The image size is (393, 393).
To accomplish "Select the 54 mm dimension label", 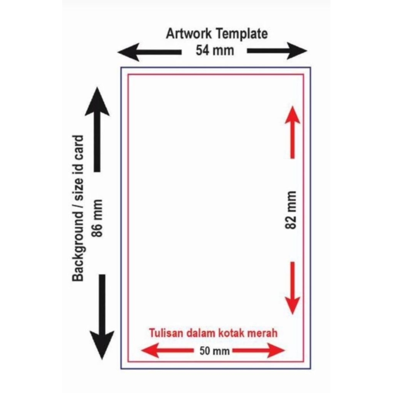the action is [x=215, y=50].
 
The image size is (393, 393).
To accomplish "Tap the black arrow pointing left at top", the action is [x=149, y=52].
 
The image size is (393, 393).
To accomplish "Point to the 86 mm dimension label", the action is [x=98, y=218].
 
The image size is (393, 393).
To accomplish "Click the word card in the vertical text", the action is [x=78, y=148].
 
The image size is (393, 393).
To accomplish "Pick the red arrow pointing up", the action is [x=292, y=132].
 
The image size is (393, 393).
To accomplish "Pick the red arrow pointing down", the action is [x=292, y=287].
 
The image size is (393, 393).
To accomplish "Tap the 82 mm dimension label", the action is [x=291, y=210].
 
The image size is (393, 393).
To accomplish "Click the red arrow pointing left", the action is [x=167, y=350].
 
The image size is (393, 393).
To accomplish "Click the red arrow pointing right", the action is [x=258, y=350].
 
